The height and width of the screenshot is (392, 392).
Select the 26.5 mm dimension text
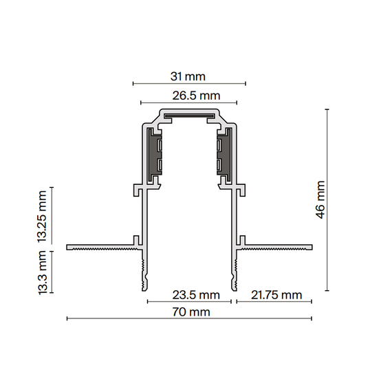(x=196, y=96)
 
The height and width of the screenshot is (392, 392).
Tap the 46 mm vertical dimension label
(x=320, y=199)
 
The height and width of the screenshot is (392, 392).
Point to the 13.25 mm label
(x=43, y=216)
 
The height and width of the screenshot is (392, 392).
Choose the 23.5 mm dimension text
(x=196, y=295)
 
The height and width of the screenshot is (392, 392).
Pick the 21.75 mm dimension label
(x=276, y=295)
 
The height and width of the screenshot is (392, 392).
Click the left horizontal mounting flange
(x=100, y=246)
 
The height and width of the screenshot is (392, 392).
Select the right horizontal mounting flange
(x=279, y=246)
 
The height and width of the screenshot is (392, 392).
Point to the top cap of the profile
(x=189, y=112)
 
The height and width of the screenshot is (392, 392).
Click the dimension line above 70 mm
(x=189, y=318)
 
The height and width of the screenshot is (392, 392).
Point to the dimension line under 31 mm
(x=189, y=84)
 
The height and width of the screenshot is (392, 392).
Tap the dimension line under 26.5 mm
(x=189, y=104)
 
